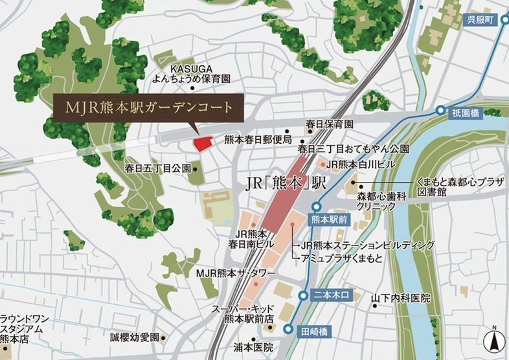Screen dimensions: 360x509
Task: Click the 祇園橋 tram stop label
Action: (x=465, y=113)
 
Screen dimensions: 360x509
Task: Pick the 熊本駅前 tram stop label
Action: (x=330, y=219)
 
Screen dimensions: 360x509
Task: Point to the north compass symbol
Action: (x=493, y=338)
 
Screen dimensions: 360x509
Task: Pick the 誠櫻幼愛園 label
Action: (x=134, y=337)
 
